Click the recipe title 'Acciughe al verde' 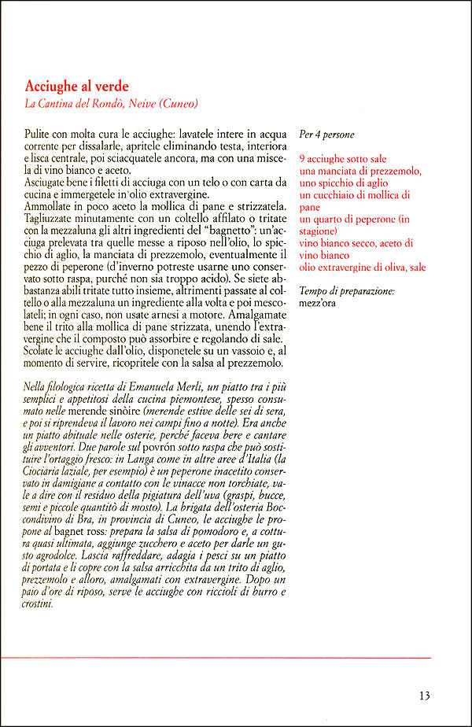coord(76,86)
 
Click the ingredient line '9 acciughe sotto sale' coord(342,159)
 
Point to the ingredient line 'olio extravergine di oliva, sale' coord(363,268)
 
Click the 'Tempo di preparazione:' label coord(347,292)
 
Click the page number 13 coord(424,696)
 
